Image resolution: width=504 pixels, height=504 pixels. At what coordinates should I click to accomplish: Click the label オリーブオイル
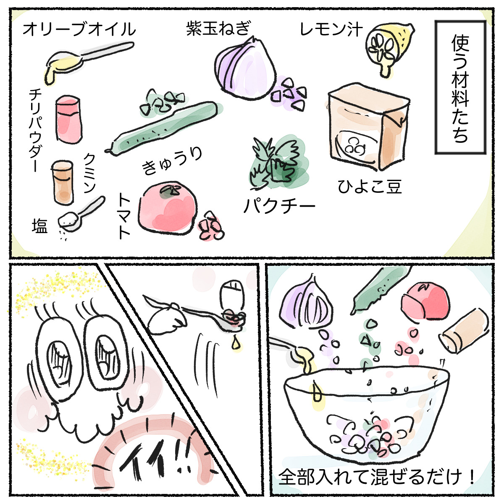(x=79, y=30)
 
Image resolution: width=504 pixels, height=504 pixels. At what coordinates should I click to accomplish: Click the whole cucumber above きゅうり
(x=164, y=126)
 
